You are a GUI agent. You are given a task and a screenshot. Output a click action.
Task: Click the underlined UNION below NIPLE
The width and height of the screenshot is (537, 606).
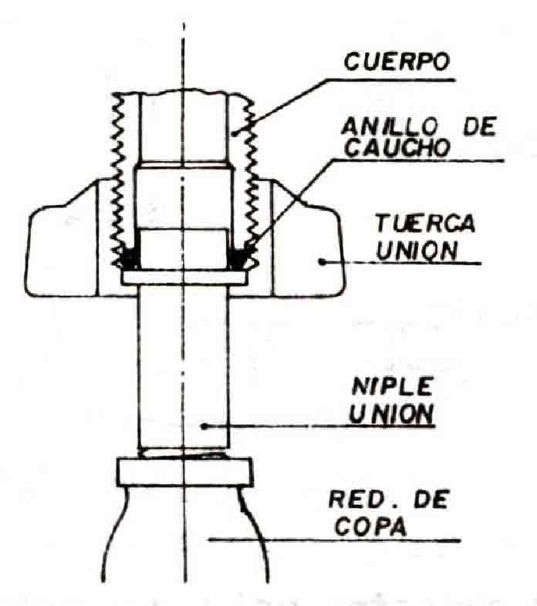(x=390, y=414)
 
